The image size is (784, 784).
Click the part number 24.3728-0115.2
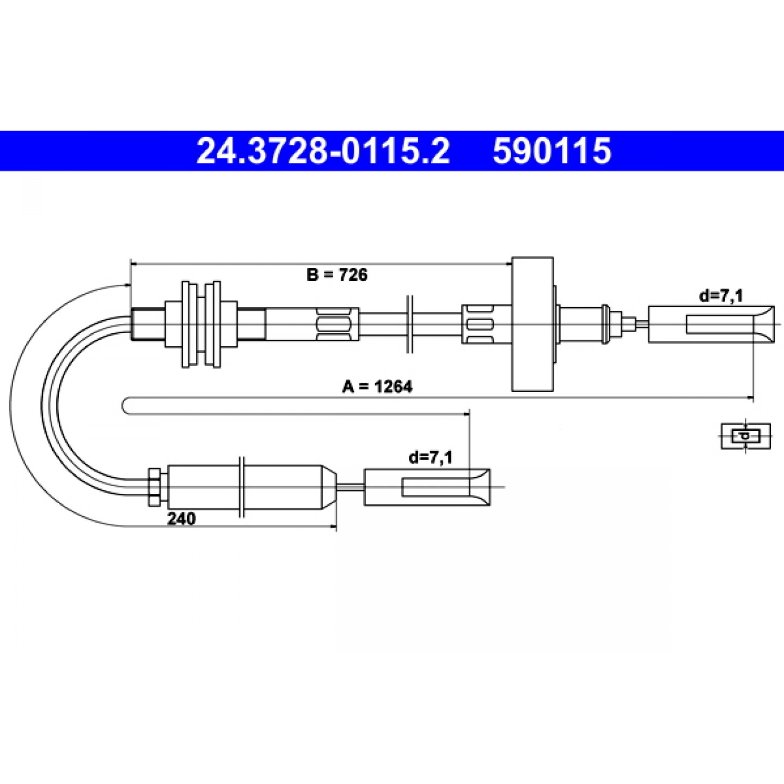click(x=323, y=151)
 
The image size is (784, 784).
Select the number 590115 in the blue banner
click(x=552, y=151)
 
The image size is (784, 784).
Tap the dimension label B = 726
click(x=337, y=275)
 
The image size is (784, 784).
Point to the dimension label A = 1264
click(x=377, y=387)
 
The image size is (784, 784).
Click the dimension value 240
click(x=181, y=518)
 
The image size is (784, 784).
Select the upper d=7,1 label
click(x=721, y=296)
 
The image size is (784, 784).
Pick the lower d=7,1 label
click(x=431, y=458)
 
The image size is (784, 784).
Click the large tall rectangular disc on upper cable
click(x=532, y=324)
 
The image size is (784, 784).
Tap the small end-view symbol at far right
click(x=746, y=436)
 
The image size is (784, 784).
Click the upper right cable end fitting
click(x=711, y=324)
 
